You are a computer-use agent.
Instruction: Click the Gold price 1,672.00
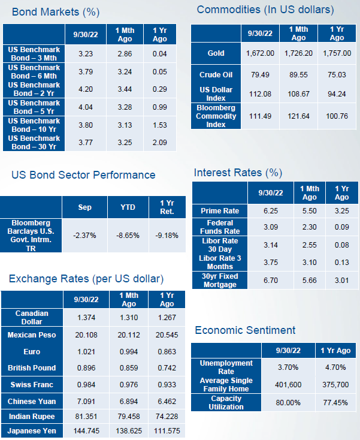260,53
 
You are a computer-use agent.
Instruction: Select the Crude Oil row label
216,75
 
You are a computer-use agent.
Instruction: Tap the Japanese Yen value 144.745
86,431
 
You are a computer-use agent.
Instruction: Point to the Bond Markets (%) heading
56,12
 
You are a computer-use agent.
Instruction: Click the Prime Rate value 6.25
271,211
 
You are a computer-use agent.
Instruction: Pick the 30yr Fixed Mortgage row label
220,281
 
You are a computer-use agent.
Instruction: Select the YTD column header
128,207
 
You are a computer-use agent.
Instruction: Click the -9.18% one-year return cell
167,236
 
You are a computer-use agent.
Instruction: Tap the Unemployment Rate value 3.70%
288,367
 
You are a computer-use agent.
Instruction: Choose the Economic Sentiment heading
245,330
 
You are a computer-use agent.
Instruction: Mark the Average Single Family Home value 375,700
335,384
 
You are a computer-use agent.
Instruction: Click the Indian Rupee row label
32,417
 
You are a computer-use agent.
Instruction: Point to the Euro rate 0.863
167,352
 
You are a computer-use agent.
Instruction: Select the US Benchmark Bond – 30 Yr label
34,143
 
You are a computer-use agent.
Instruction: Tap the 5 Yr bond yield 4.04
86,107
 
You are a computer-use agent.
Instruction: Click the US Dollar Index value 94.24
337,94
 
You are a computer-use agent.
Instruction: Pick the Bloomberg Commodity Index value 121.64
298,116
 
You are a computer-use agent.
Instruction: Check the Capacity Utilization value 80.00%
288,403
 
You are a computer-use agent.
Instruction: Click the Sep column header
84,207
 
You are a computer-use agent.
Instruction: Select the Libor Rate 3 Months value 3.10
309,263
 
